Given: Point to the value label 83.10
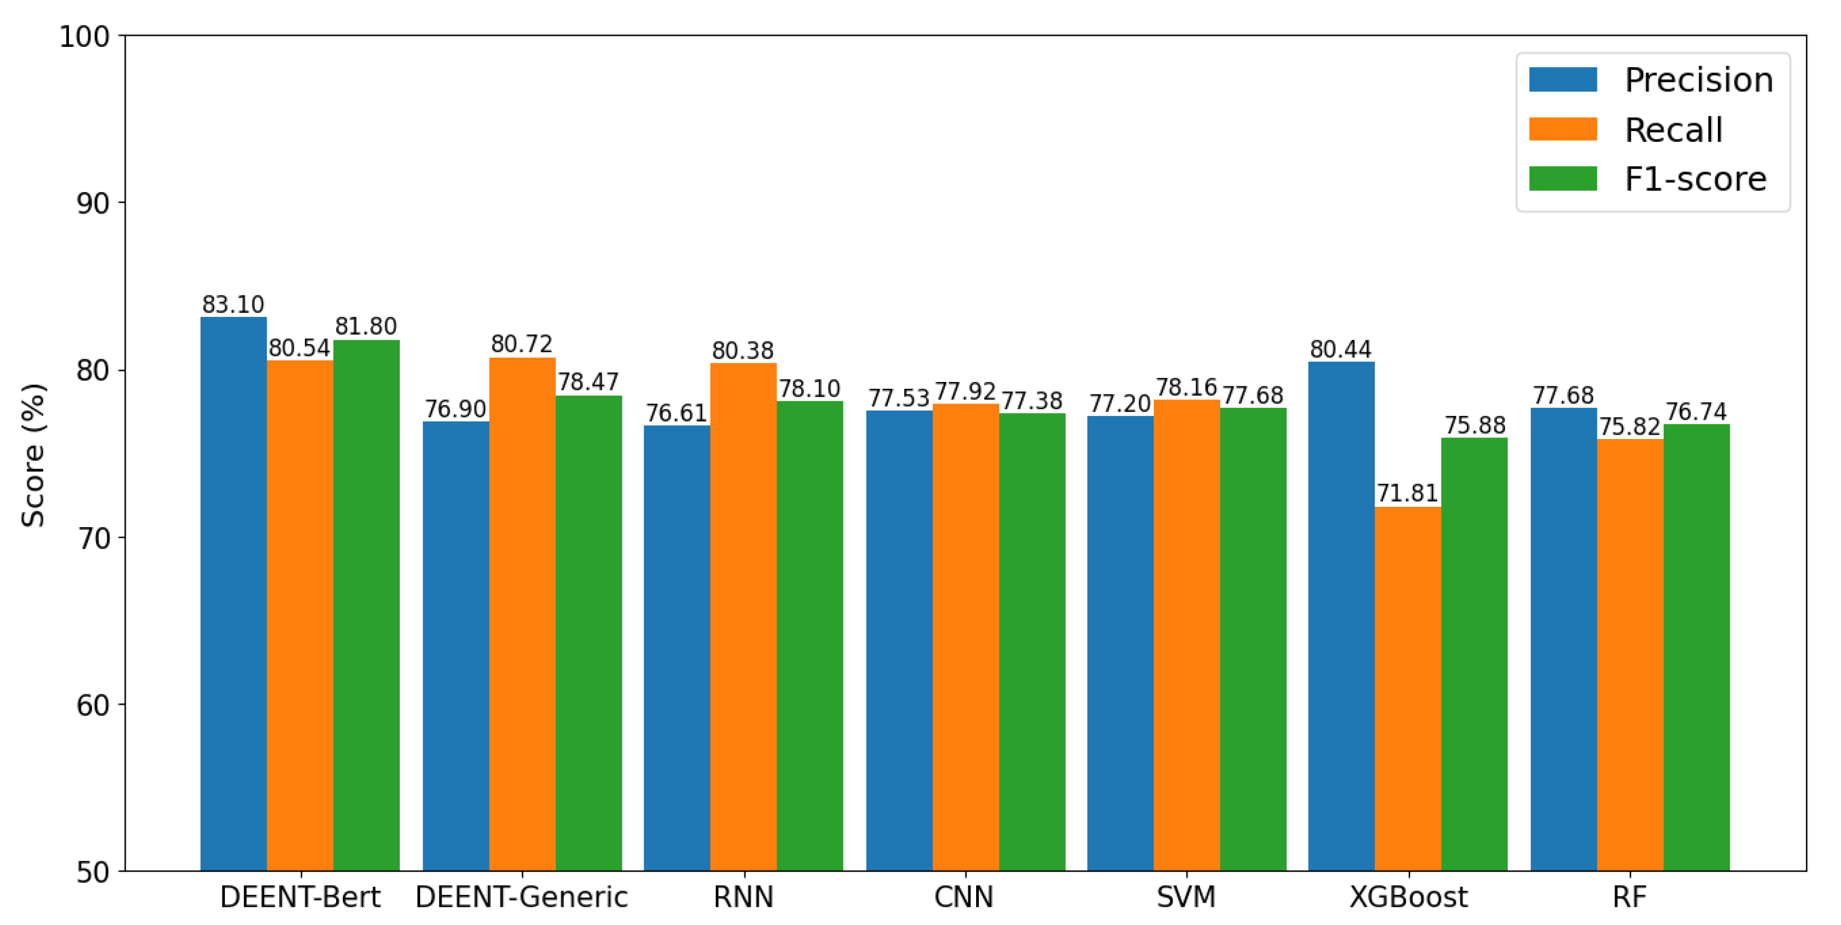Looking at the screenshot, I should [233, 305].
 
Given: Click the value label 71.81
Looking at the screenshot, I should [1407, 493].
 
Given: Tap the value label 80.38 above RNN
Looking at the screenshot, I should [742, 350].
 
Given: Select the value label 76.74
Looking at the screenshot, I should [1696, 412].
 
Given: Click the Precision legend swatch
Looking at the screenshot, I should [1563, 79].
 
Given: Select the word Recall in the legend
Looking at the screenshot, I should [1673, 130].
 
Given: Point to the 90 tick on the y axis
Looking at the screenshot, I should [93, 204].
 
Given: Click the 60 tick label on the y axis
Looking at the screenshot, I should [93, 706].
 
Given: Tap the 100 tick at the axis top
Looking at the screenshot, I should [84, 37].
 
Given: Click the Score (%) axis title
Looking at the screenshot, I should [33, 455].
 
